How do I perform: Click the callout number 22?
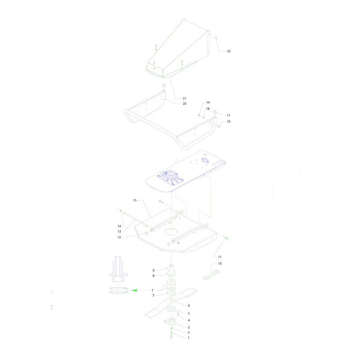coord(229,51)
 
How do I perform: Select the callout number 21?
coord(184,98)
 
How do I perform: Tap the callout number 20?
coord(184,103)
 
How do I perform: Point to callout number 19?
coord(208,103)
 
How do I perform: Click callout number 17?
coord(228,116)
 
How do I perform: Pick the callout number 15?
coord(135,200)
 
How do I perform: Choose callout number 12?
coord(119,237)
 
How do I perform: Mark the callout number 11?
coord(220,257)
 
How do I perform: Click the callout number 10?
coord(220,264)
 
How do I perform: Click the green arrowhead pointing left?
coord(134,290)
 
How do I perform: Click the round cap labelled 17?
coord(215,112)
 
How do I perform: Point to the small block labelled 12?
coord(145,234)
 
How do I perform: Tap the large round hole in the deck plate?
coord(171,232)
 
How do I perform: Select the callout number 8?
coord(153,276)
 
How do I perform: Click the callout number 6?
coord(189,306)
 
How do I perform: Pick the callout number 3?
coord(189,328)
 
